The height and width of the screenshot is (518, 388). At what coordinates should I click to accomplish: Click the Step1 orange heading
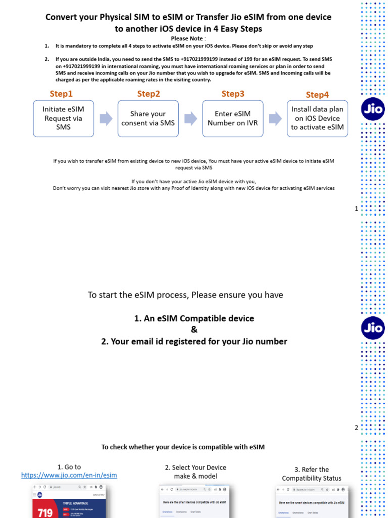coord(61,94)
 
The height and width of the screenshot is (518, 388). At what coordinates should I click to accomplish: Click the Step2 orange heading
coord(149,94)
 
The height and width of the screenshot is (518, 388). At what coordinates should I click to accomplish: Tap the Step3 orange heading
coord(233,94)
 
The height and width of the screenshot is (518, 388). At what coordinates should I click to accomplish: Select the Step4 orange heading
coord(317,95)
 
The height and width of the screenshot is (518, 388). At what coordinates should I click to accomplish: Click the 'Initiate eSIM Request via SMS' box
coord(64,118)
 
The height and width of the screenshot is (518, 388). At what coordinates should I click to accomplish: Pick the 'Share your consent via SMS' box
coord(148,118)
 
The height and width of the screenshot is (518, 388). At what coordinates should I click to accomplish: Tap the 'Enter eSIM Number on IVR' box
coord(232,118)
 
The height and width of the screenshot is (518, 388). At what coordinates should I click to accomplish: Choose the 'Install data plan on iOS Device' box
coord(317,118)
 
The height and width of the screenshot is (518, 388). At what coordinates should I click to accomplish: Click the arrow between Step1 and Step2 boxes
coord(106,119)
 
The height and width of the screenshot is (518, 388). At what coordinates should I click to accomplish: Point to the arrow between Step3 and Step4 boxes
coord(275,119)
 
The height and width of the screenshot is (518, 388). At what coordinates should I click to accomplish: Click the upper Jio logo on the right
coord(373,108)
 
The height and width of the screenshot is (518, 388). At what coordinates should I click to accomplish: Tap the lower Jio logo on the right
coord(373,328)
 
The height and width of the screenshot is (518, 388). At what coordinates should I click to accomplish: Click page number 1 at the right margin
coord(356,208)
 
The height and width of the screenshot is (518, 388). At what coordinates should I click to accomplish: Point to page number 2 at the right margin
coord(356,428)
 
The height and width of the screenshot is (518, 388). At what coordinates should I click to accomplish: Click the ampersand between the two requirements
coord(194,330)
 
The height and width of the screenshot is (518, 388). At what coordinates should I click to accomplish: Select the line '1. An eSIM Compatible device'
coord(194,319)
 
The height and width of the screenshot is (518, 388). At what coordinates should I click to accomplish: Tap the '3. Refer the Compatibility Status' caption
coord(312,474)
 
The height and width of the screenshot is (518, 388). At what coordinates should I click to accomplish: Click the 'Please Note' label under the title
coord(187,38)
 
